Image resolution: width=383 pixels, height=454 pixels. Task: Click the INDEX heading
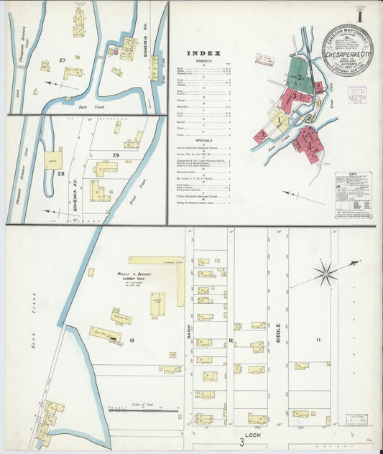[x=201, y=52]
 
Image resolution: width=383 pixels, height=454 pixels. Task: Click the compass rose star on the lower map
[x=326, y=273]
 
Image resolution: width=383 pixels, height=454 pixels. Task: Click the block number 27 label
[x=63, y=60]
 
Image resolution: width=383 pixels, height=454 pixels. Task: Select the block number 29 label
[x=115, y=155]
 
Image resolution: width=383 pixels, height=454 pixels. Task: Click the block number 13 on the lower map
[x=132, y=338]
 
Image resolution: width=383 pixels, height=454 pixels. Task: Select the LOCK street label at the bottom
[x=252, y=435]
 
